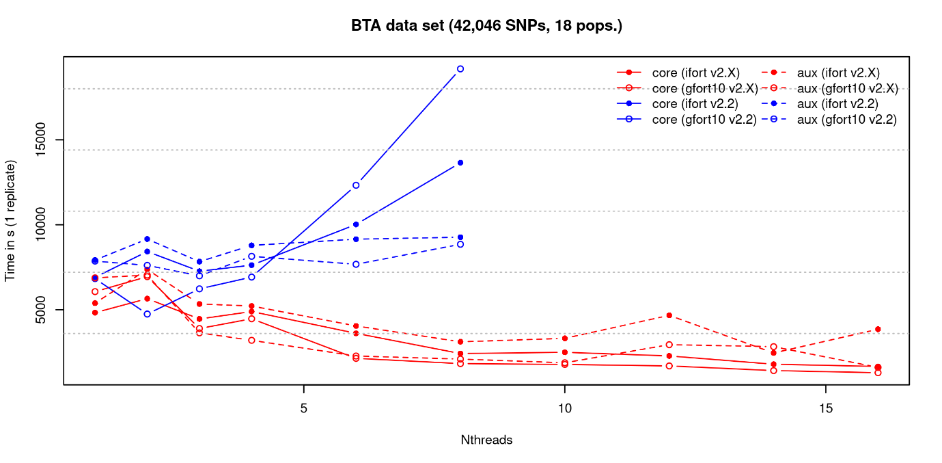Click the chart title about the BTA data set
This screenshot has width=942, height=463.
[x=486, y=26]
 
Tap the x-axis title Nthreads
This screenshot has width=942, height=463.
[x=486, y=440]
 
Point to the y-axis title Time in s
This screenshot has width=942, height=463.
[x=10, y=221]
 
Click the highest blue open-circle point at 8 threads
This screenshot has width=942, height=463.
[x=460, y=69]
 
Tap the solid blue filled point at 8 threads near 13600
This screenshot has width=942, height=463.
[x=460, y=163]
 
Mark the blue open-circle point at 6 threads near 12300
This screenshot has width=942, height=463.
[x=356, y=185]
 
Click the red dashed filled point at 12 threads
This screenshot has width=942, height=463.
[x=669, y=315]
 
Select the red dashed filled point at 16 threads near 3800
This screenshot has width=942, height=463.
[x=878, y=329]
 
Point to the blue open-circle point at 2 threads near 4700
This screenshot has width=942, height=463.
[x=147, y=314]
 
